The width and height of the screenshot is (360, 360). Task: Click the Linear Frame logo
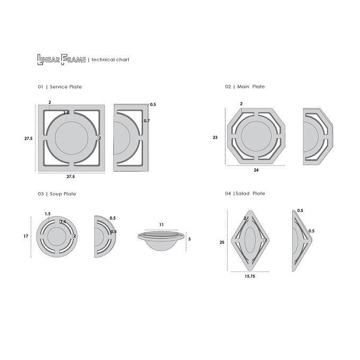[61, 60]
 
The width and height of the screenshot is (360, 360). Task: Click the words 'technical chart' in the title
[110, 60]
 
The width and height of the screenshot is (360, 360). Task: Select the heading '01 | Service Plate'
[60, 87]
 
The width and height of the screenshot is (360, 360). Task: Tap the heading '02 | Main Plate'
[245, 86]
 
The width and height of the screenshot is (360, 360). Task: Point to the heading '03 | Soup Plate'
[57, 194]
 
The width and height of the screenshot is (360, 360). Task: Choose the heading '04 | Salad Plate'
[245, 194]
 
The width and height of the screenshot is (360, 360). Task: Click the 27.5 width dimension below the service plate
[71, 176]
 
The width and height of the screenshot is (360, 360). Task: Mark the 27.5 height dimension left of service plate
[29, 139]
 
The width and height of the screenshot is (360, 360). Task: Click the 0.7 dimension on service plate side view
[147, 121]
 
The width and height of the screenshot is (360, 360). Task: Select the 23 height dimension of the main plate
[215, 137]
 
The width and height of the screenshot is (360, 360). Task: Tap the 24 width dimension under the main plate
[256, 170]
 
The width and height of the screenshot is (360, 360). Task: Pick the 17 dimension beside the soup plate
[26, 236]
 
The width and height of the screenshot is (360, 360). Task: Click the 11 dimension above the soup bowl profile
[161, 224]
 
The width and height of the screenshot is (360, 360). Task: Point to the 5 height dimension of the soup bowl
[190, 239]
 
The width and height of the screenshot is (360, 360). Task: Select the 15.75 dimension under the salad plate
[250, 276]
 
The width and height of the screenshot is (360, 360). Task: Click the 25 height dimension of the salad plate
[222, 242]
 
